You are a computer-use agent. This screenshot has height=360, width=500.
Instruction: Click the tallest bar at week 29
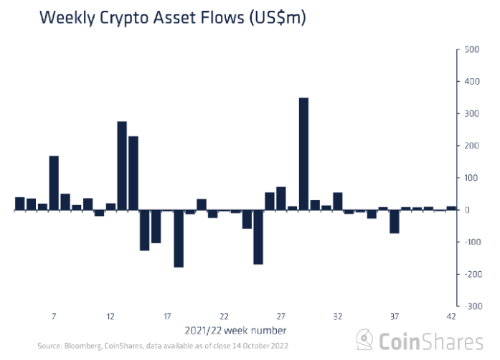point(303,153)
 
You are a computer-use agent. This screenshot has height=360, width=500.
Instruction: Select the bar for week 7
point(54,183)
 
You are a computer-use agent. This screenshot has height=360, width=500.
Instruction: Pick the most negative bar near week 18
point(179,238)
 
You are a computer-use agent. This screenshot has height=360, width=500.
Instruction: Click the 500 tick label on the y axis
point(473,49)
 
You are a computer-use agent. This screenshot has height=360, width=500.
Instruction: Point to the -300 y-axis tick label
point(472,305)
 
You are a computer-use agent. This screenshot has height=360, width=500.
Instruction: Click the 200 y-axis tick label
point(473,146)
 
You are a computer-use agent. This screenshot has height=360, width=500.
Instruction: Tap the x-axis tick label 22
point(224,316)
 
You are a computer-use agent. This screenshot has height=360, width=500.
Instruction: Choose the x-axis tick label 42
point(451,316)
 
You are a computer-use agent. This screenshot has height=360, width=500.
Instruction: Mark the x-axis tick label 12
point(110,316)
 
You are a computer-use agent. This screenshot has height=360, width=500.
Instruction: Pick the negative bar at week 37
point(395,222)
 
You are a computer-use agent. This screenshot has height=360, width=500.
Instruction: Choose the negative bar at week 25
point(258,237)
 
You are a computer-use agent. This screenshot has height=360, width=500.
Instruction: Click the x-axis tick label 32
point(338,316)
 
